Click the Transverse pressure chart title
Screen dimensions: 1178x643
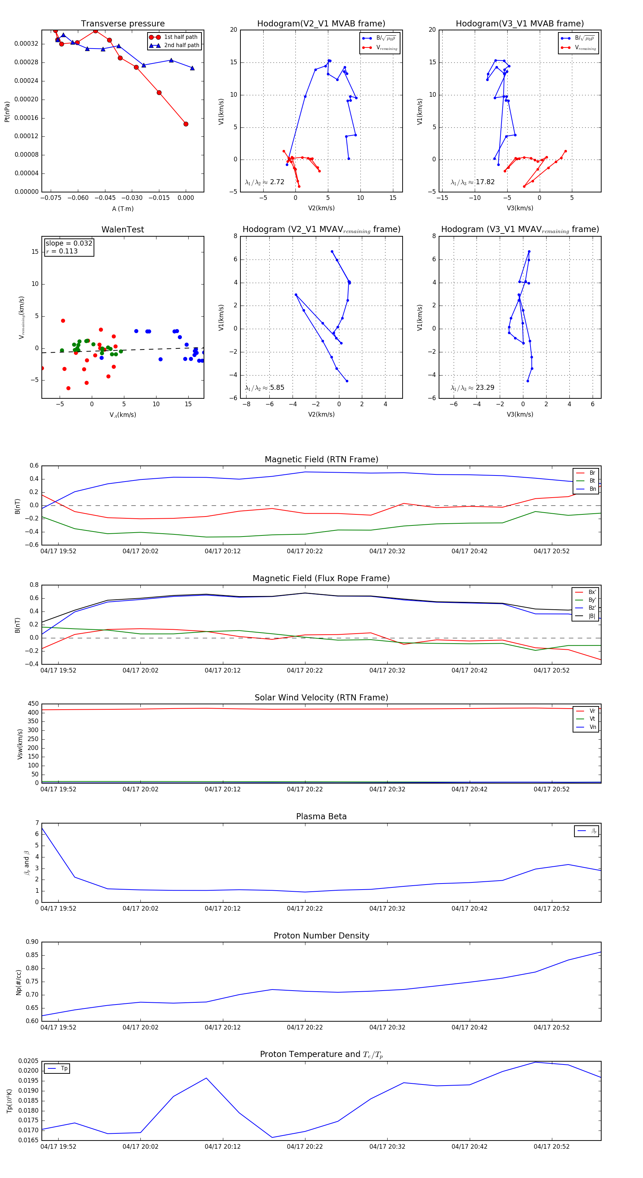tap(123, 24)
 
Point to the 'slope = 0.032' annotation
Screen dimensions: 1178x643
tap(69, 243)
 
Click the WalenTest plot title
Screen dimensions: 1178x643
tap(123, 230)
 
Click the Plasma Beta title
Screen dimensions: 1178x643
tap(321, 817)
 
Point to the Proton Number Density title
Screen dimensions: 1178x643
tap(321, 936)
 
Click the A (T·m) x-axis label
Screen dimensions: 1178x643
tap(123, 209)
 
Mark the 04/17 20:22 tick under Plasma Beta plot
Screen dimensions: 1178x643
tap(305, 908)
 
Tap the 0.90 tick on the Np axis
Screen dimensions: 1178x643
tap(32, 942)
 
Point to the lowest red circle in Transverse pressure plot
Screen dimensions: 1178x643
tap(186, 124)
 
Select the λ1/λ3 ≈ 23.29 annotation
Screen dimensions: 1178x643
tap(472, 388)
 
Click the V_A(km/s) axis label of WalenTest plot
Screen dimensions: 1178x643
tap(123, 415)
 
